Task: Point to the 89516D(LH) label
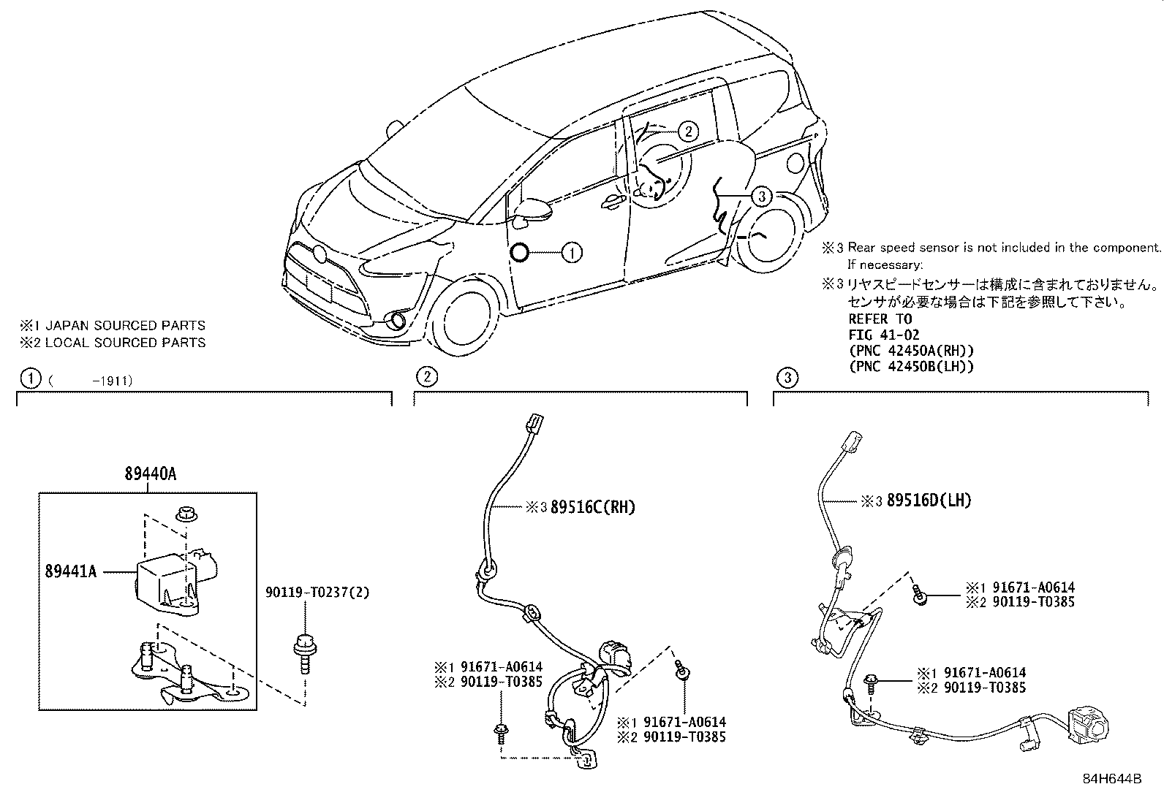tap(929, 501)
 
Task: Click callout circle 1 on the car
tap(572, 253)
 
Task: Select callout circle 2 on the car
tap(687, 132)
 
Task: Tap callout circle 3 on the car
tap(761, 196)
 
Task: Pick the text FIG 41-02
tap(883, 335)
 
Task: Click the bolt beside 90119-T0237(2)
tap(302, 652)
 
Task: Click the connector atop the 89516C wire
tap(534, 425)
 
